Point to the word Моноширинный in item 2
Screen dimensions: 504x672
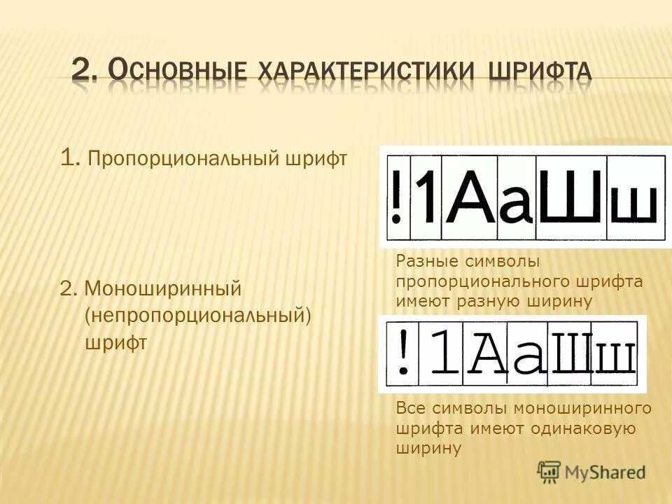tap(163, 288)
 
